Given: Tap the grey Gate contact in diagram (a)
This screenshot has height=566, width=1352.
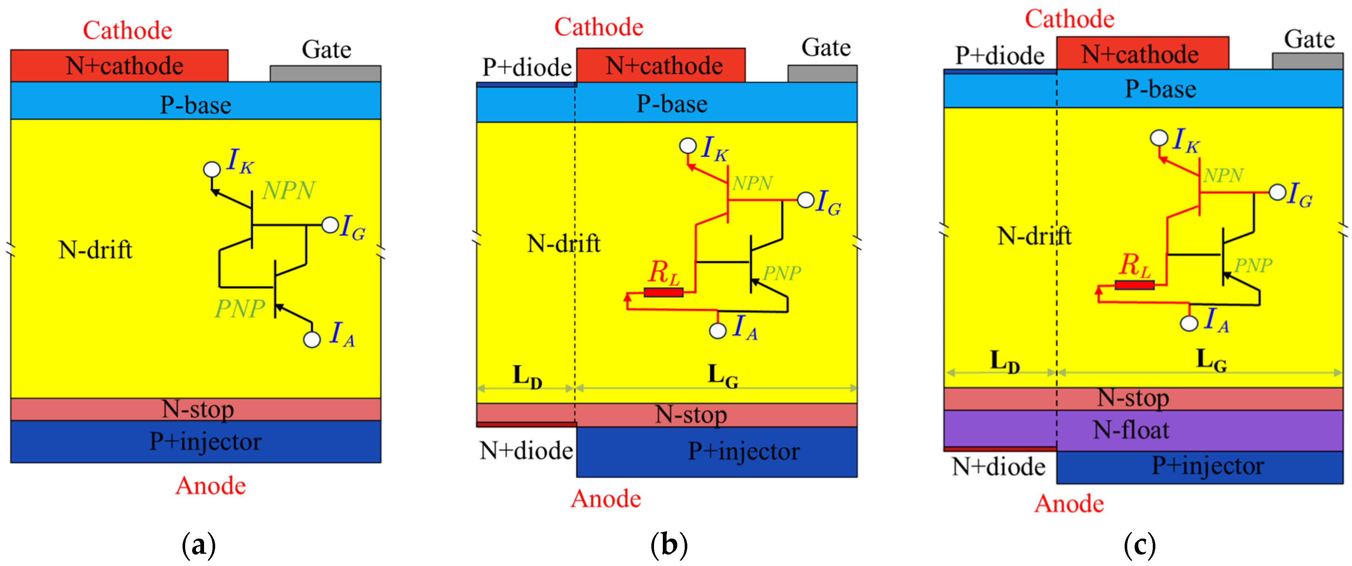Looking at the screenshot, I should click(326, 73).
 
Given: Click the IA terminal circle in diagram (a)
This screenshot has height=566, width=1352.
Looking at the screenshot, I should click(312, 340).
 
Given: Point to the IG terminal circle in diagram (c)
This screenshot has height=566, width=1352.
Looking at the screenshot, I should click(1278, 192).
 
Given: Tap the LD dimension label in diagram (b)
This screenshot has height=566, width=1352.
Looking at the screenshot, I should click(527, 376).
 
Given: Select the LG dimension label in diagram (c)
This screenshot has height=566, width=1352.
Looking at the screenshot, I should click(1211, 360).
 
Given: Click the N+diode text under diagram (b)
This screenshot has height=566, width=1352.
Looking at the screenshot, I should click(526, 450).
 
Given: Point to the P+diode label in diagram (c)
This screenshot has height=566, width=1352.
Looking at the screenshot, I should click(999, 56).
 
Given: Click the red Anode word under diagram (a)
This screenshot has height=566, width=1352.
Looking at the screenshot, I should click(210, 486).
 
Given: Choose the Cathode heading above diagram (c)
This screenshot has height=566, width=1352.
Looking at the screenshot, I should click(1069, 19).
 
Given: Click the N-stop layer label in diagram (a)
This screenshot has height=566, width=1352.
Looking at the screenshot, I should click(197, 409).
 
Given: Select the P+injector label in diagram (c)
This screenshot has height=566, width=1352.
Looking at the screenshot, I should click(1207, 466).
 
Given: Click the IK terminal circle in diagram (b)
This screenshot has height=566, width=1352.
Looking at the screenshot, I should click(688, 146).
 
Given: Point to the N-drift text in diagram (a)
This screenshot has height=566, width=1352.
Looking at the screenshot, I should click(95, 250).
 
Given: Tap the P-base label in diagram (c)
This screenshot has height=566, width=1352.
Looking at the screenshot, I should click(1161, 89).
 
